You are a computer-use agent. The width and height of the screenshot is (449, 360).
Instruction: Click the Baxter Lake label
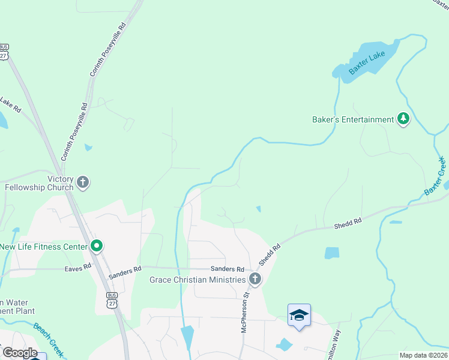367,64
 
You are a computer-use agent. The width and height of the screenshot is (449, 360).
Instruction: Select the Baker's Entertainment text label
353,119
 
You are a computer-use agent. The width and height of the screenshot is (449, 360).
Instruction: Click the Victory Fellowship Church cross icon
83,182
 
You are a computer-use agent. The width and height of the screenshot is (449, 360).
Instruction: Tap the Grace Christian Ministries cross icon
255,279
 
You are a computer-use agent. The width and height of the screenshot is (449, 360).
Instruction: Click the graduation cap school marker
299,315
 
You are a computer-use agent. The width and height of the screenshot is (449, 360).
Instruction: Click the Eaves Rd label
78,267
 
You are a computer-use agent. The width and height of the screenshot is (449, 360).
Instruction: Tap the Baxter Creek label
435,175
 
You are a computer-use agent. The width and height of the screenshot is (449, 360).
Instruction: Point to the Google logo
20,353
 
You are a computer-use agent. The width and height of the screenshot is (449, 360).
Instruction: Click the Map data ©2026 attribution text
424,355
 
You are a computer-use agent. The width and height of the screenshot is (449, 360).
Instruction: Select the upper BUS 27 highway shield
4,51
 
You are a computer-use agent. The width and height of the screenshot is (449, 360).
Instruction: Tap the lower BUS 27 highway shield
112,300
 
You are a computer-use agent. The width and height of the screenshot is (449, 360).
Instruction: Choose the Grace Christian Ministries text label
197,280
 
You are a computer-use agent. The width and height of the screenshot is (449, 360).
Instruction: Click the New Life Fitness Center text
44,246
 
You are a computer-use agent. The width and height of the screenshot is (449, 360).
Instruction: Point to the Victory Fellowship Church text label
39,183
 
